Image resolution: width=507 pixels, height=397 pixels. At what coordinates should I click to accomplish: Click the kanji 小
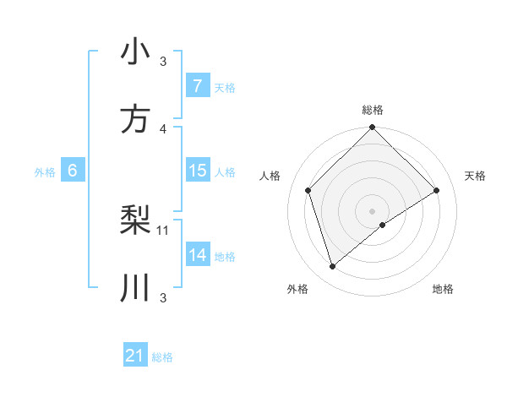(135, 52)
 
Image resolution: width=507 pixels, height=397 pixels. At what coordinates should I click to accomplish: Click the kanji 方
(135, 119)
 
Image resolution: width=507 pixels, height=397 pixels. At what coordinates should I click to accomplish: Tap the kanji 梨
(135, 220)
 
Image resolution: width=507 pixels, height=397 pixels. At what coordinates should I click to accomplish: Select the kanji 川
(135, 288)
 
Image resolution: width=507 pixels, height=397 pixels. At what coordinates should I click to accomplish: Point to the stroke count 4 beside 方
(163, 128)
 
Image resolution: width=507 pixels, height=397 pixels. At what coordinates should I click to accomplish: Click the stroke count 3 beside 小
(163, 61)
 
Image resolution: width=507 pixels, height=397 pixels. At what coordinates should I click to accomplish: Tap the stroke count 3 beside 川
(163, 297)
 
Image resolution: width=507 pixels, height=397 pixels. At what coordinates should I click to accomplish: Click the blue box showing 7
(197, 86)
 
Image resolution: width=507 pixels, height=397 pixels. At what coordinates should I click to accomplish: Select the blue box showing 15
(197, 171)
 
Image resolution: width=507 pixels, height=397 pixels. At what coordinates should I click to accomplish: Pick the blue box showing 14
(197, 255)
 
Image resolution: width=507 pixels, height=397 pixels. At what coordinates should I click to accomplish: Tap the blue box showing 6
(73, 171)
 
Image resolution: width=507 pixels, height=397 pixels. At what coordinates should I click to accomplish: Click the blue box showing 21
(134, 356)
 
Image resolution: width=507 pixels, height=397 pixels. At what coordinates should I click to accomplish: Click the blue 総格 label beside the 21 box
(162, 357)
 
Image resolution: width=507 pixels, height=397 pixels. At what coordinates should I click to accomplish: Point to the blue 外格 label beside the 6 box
(45, 172)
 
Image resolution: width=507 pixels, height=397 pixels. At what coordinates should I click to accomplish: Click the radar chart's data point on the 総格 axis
(372, 129)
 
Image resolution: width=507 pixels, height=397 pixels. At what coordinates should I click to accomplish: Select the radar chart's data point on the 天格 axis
(437, 190)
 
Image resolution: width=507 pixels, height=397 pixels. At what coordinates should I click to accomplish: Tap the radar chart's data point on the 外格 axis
(332, 267)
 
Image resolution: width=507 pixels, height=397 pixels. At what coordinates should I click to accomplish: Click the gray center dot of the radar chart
(372, 210)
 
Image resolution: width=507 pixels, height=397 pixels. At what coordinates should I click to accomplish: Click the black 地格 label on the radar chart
(443, 290)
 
